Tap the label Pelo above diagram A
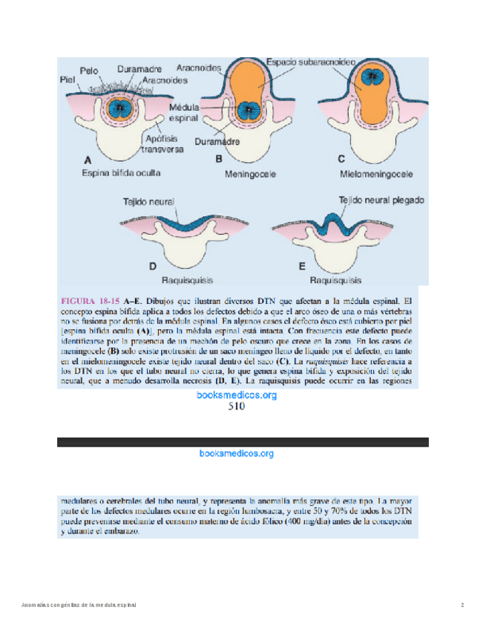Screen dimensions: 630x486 pos(89,70)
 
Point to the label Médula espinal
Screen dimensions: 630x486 pos(184,112)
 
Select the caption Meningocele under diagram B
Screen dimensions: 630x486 pos(252,175)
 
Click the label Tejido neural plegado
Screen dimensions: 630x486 pos(381,201)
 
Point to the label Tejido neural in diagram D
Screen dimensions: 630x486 pos(147,201)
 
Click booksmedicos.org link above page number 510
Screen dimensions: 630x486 pos(237,395)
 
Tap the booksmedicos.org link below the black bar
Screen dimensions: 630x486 pos(237,453)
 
